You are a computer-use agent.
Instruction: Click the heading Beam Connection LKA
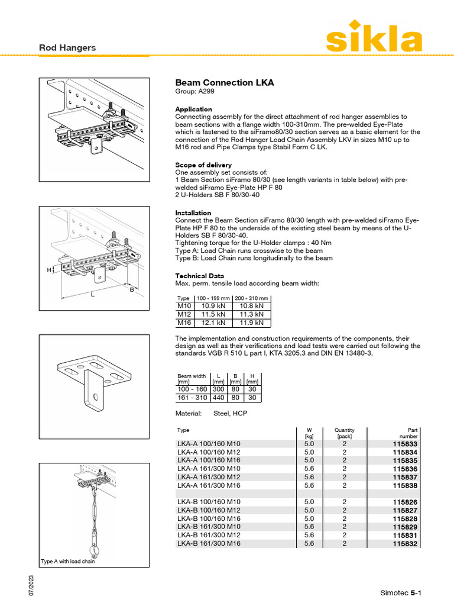225,83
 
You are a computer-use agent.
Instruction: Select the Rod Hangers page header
67,47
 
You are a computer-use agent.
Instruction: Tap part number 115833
405,444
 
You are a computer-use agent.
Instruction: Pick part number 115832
405,543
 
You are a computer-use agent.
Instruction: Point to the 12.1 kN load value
213,323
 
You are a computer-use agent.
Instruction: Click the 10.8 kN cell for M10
252,307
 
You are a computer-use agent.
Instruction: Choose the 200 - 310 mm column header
252,298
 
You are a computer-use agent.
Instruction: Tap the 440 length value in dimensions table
218,398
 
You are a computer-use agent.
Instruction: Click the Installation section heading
193,213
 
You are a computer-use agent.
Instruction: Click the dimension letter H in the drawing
49,270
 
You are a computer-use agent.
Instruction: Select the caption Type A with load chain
67,562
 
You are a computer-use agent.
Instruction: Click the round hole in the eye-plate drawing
95,397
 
